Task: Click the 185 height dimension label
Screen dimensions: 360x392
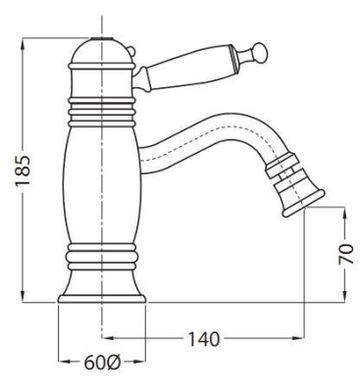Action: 24,171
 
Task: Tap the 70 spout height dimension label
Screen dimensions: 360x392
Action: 346,254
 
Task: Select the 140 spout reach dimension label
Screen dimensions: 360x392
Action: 203,339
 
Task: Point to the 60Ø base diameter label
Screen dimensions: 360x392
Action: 103,362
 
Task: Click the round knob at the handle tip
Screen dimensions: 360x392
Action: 260,52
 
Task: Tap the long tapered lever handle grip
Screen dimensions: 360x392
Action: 190,68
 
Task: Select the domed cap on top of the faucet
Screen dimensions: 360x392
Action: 102,51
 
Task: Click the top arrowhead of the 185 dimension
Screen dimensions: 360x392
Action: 23,44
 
